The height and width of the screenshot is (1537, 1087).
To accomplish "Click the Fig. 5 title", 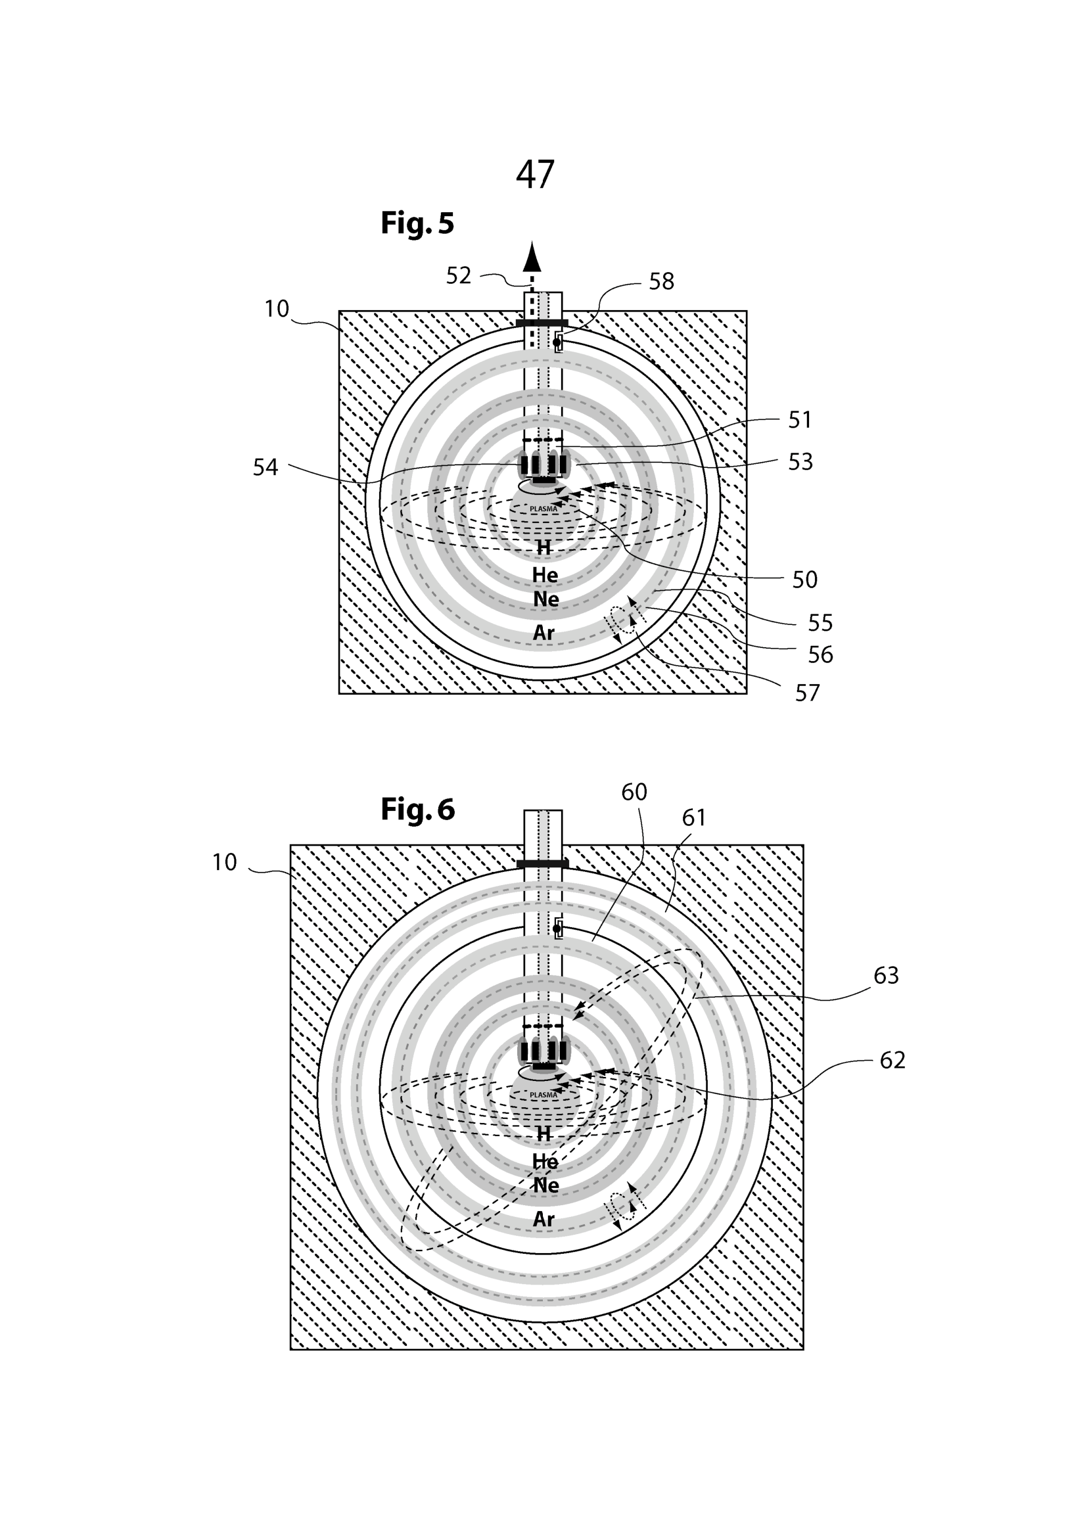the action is coord(417,223).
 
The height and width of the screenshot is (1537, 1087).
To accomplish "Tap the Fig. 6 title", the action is coord(418,810).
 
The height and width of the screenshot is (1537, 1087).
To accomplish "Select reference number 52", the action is coord(459,276).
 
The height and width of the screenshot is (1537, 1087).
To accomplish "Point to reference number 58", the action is coord(661,282).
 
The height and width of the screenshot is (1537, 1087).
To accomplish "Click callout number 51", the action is coord(800,421).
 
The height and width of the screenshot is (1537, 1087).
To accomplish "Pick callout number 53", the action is coord(800,462).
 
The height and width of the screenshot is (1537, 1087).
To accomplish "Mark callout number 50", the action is coord(804,580).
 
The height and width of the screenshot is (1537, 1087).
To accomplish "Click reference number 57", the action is coord(807,693).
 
